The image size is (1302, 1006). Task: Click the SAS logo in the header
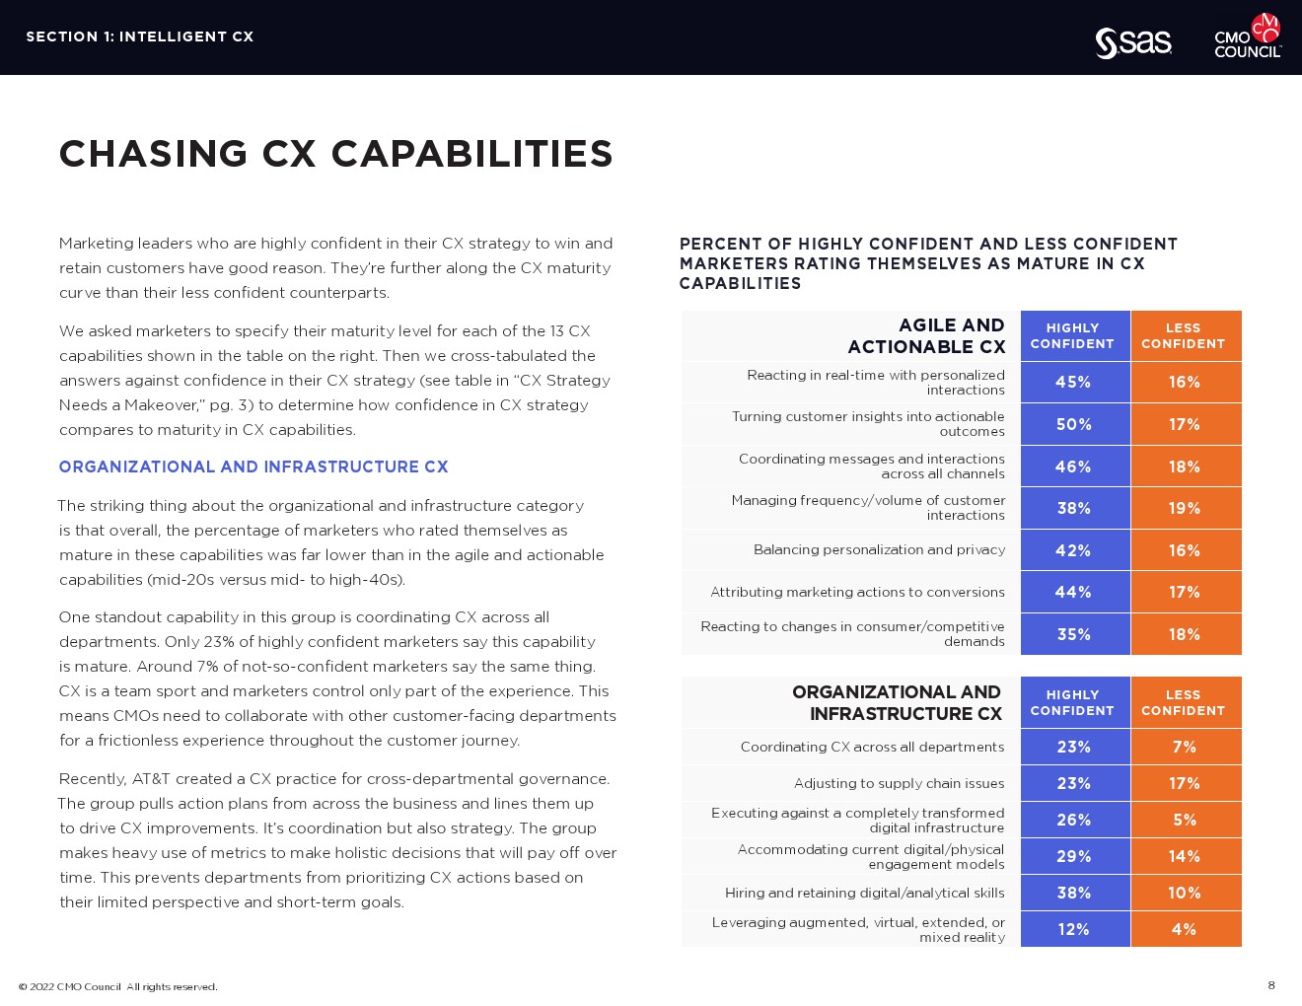[x=1133, y=42]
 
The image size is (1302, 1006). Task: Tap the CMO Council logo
[x=1248, y=36]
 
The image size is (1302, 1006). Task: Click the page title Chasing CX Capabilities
[x=335, y=154]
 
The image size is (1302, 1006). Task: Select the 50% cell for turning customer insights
[x=1074, y=424]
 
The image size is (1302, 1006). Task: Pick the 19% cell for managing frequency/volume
[x=1185, y=508]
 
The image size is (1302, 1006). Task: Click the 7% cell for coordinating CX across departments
[x=1185, y=747]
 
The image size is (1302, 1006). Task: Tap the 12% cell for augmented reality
[x=1074, y=929]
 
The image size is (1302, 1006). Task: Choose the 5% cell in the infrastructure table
[x=1185, y=820]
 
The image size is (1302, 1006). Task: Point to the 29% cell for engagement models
[x=1074, y=856]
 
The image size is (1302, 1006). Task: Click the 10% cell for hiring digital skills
[x=1185, y=893]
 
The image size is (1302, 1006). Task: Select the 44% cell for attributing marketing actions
[x=1074, y=592]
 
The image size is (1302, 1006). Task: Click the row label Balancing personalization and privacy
[x=879, y=549]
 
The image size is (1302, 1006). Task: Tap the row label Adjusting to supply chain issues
[x=899, y=783]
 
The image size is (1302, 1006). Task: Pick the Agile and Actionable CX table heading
[x=926, y=335]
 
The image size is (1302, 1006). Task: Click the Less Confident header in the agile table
[x=1184, y=335]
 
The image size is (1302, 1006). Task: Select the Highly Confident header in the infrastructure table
[x=1072, y=702]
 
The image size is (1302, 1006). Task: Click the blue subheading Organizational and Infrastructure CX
[x=253, y=467]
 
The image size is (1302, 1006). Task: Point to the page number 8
[x=1271, y=985]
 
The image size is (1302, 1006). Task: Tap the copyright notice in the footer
[x=118, y=986]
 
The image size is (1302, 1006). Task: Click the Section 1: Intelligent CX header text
[x=140, y=36]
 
